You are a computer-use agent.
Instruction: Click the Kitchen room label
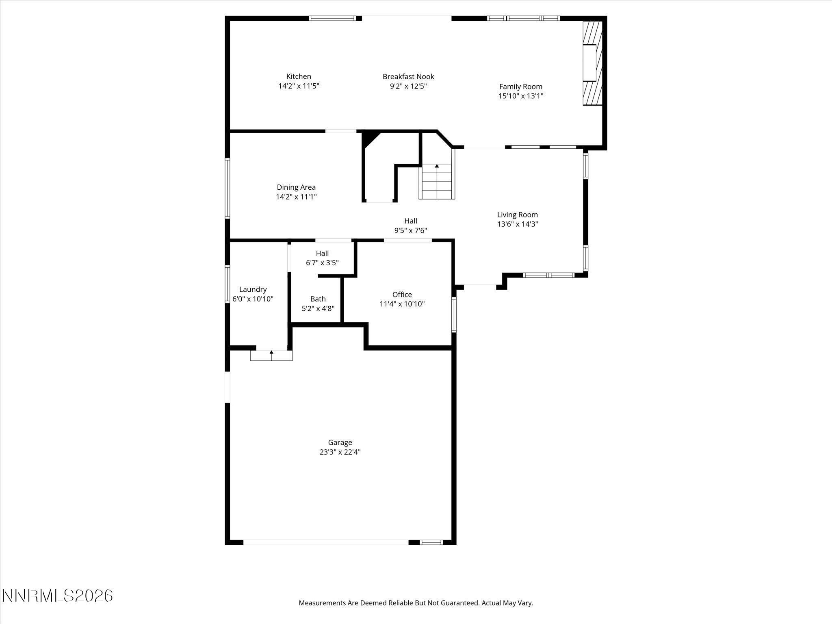(299, 76)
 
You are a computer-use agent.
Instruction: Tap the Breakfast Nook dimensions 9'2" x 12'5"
(408, 86)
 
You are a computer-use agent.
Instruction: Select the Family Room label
(520, 87)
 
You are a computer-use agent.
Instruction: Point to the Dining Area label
(296, 187)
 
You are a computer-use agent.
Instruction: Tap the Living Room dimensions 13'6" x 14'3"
(517, 224)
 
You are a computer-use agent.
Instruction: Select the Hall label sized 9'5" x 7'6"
(410, 221)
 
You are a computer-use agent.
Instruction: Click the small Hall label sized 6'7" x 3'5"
(322, 253)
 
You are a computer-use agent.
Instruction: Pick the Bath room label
(318, 299)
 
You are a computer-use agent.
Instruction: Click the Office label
(402, 295)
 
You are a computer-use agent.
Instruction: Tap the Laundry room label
(253, 290)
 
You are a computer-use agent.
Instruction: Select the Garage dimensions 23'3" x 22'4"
(340, 452)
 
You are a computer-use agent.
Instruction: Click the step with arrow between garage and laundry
(271, 355)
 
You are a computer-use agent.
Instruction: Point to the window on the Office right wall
(454, 314)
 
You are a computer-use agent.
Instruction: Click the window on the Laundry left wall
(227, 284)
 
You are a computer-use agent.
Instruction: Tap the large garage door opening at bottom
(325, 542)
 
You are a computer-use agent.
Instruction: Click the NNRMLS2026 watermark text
(57, 596)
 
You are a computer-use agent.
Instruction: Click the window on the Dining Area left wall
(227, 188)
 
